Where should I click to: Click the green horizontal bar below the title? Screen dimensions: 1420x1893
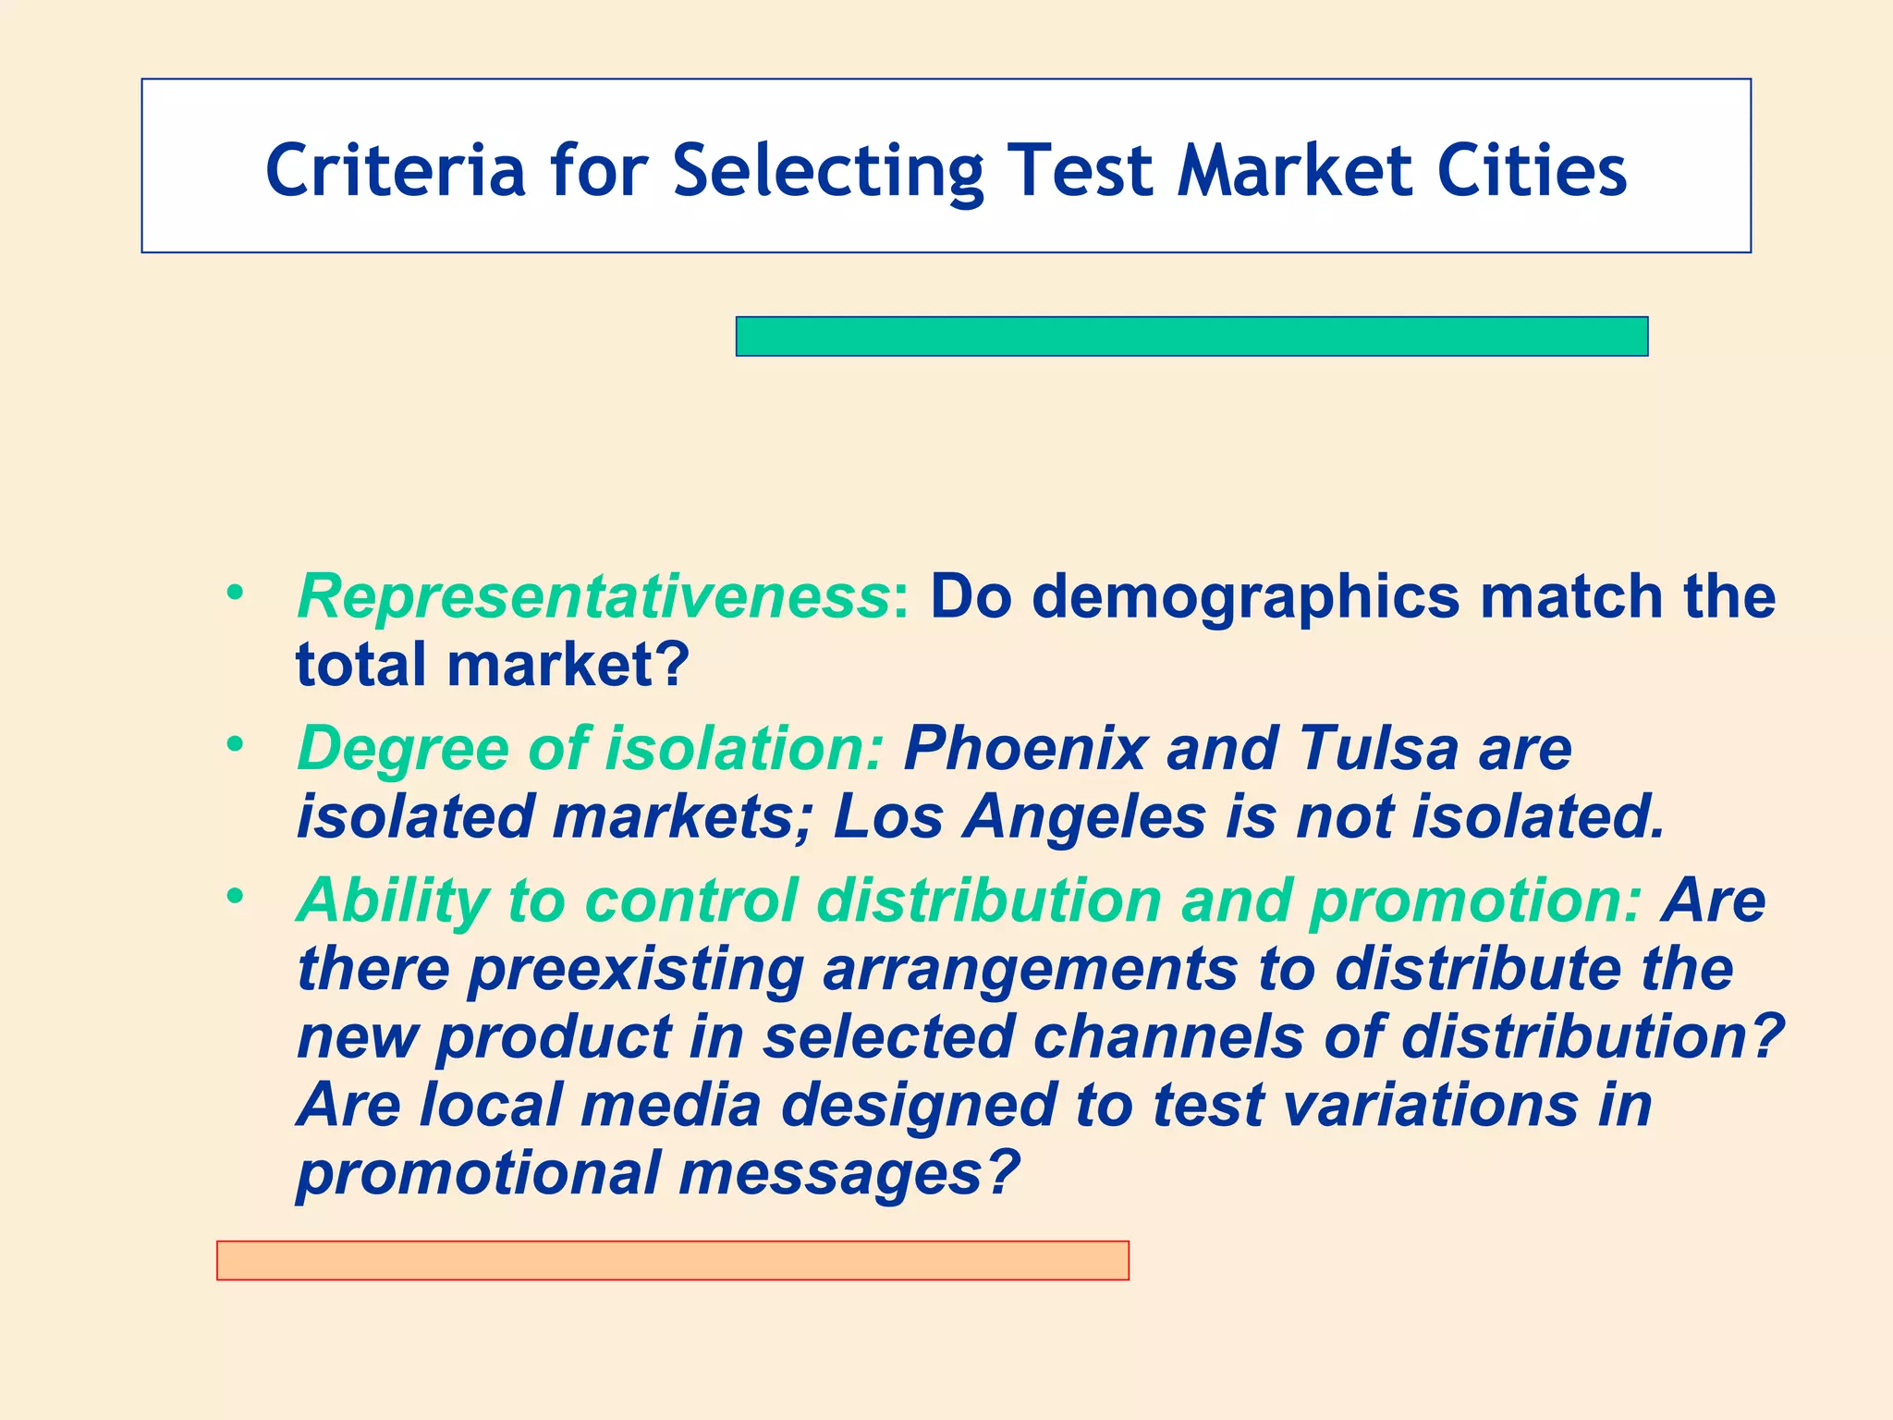(x=1191, y=337)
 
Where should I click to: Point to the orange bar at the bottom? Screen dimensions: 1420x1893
(x=672, y=1260)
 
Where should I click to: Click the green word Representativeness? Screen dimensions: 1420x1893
(x=592, y=596)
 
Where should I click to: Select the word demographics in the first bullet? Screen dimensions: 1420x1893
(x=1244, y=596)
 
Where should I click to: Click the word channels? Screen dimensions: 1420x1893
(x=1168, y=1037)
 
